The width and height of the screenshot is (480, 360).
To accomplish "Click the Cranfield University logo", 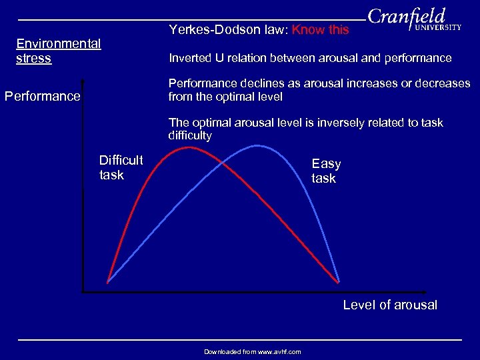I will (413, 20).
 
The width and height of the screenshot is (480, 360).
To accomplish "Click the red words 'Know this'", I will (321, 30).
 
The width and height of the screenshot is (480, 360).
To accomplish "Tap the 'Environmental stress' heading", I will (58, 51).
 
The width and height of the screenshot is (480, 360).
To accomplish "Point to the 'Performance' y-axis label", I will (42, 96).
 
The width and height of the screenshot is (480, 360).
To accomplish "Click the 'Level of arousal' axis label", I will (390, 305).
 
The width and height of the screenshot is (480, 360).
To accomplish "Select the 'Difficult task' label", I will (121, 167).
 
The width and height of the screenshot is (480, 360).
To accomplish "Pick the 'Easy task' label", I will (326, 171).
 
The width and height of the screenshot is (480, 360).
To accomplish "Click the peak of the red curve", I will (189, 147).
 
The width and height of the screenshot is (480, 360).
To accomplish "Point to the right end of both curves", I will (339, 282).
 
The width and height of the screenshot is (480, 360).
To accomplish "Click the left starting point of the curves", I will (108, 282).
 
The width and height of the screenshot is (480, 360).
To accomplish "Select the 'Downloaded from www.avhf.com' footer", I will (252, 351).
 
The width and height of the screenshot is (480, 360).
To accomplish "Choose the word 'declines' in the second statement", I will (258, 84).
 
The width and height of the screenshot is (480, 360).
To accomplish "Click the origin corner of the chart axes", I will (83, 291).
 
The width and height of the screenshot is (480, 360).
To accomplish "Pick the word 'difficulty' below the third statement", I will (190, 136).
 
